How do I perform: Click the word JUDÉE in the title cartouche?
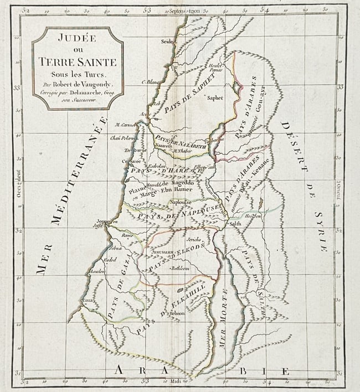(77, 39)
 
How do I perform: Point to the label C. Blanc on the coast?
(150, 82)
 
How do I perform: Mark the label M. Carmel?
(126, 125)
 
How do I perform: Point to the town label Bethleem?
(180, 268)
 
